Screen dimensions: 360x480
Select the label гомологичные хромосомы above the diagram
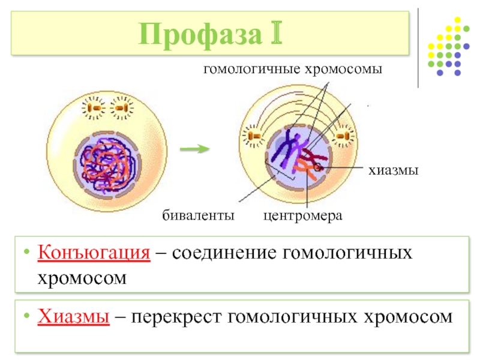point(293,69)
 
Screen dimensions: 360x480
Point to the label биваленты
point(198,215)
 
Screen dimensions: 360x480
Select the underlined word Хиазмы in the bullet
point(73,316)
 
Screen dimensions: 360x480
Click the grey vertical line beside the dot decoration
point(418,48)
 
